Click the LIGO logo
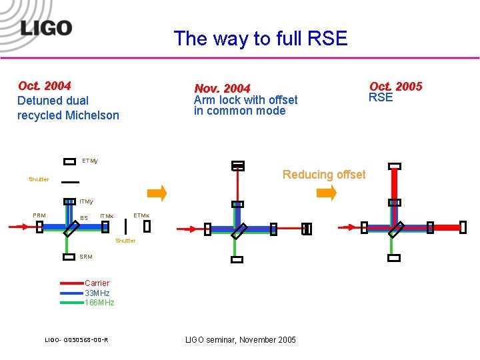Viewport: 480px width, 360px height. [45, 28]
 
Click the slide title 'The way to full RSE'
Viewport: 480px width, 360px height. [261, 39]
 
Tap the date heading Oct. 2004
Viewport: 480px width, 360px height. [45, 85]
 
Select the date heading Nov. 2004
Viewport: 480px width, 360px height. [222, 89]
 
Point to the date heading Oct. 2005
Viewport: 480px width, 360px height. [396, 86]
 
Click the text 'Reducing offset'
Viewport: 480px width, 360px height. [324, 175]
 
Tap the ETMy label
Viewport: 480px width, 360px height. [90, 161]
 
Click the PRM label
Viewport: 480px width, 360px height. [39, 215]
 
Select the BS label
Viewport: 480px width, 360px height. [84, 218]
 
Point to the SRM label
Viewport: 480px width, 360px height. [86, 257]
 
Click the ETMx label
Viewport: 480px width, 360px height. [141, 215]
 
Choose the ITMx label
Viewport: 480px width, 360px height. [107, 216]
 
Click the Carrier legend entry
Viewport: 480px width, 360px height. [97, 283]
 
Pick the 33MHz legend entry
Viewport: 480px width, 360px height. [97, 293]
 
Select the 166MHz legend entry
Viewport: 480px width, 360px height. [99, 303]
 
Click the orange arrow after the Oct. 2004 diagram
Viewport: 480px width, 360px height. [157, 193]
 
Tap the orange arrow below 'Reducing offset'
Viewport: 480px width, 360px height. [327, 193]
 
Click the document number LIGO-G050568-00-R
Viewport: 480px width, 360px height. [77, 341]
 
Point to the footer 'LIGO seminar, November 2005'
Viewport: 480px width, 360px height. [240, 340]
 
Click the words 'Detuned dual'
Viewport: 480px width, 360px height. [53, 101]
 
